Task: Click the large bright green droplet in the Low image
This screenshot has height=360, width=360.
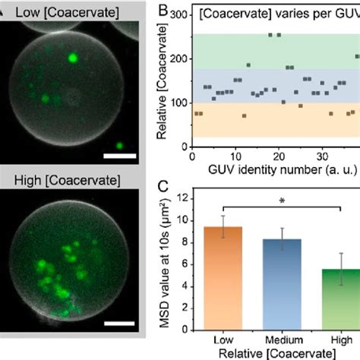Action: coord(73,56)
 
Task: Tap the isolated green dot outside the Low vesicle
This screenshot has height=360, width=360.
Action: coord(119,144)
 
